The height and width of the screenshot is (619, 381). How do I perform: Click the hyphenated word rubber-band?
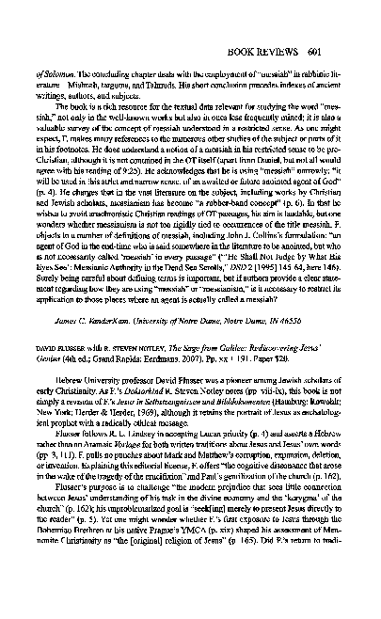coord(246,204)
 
